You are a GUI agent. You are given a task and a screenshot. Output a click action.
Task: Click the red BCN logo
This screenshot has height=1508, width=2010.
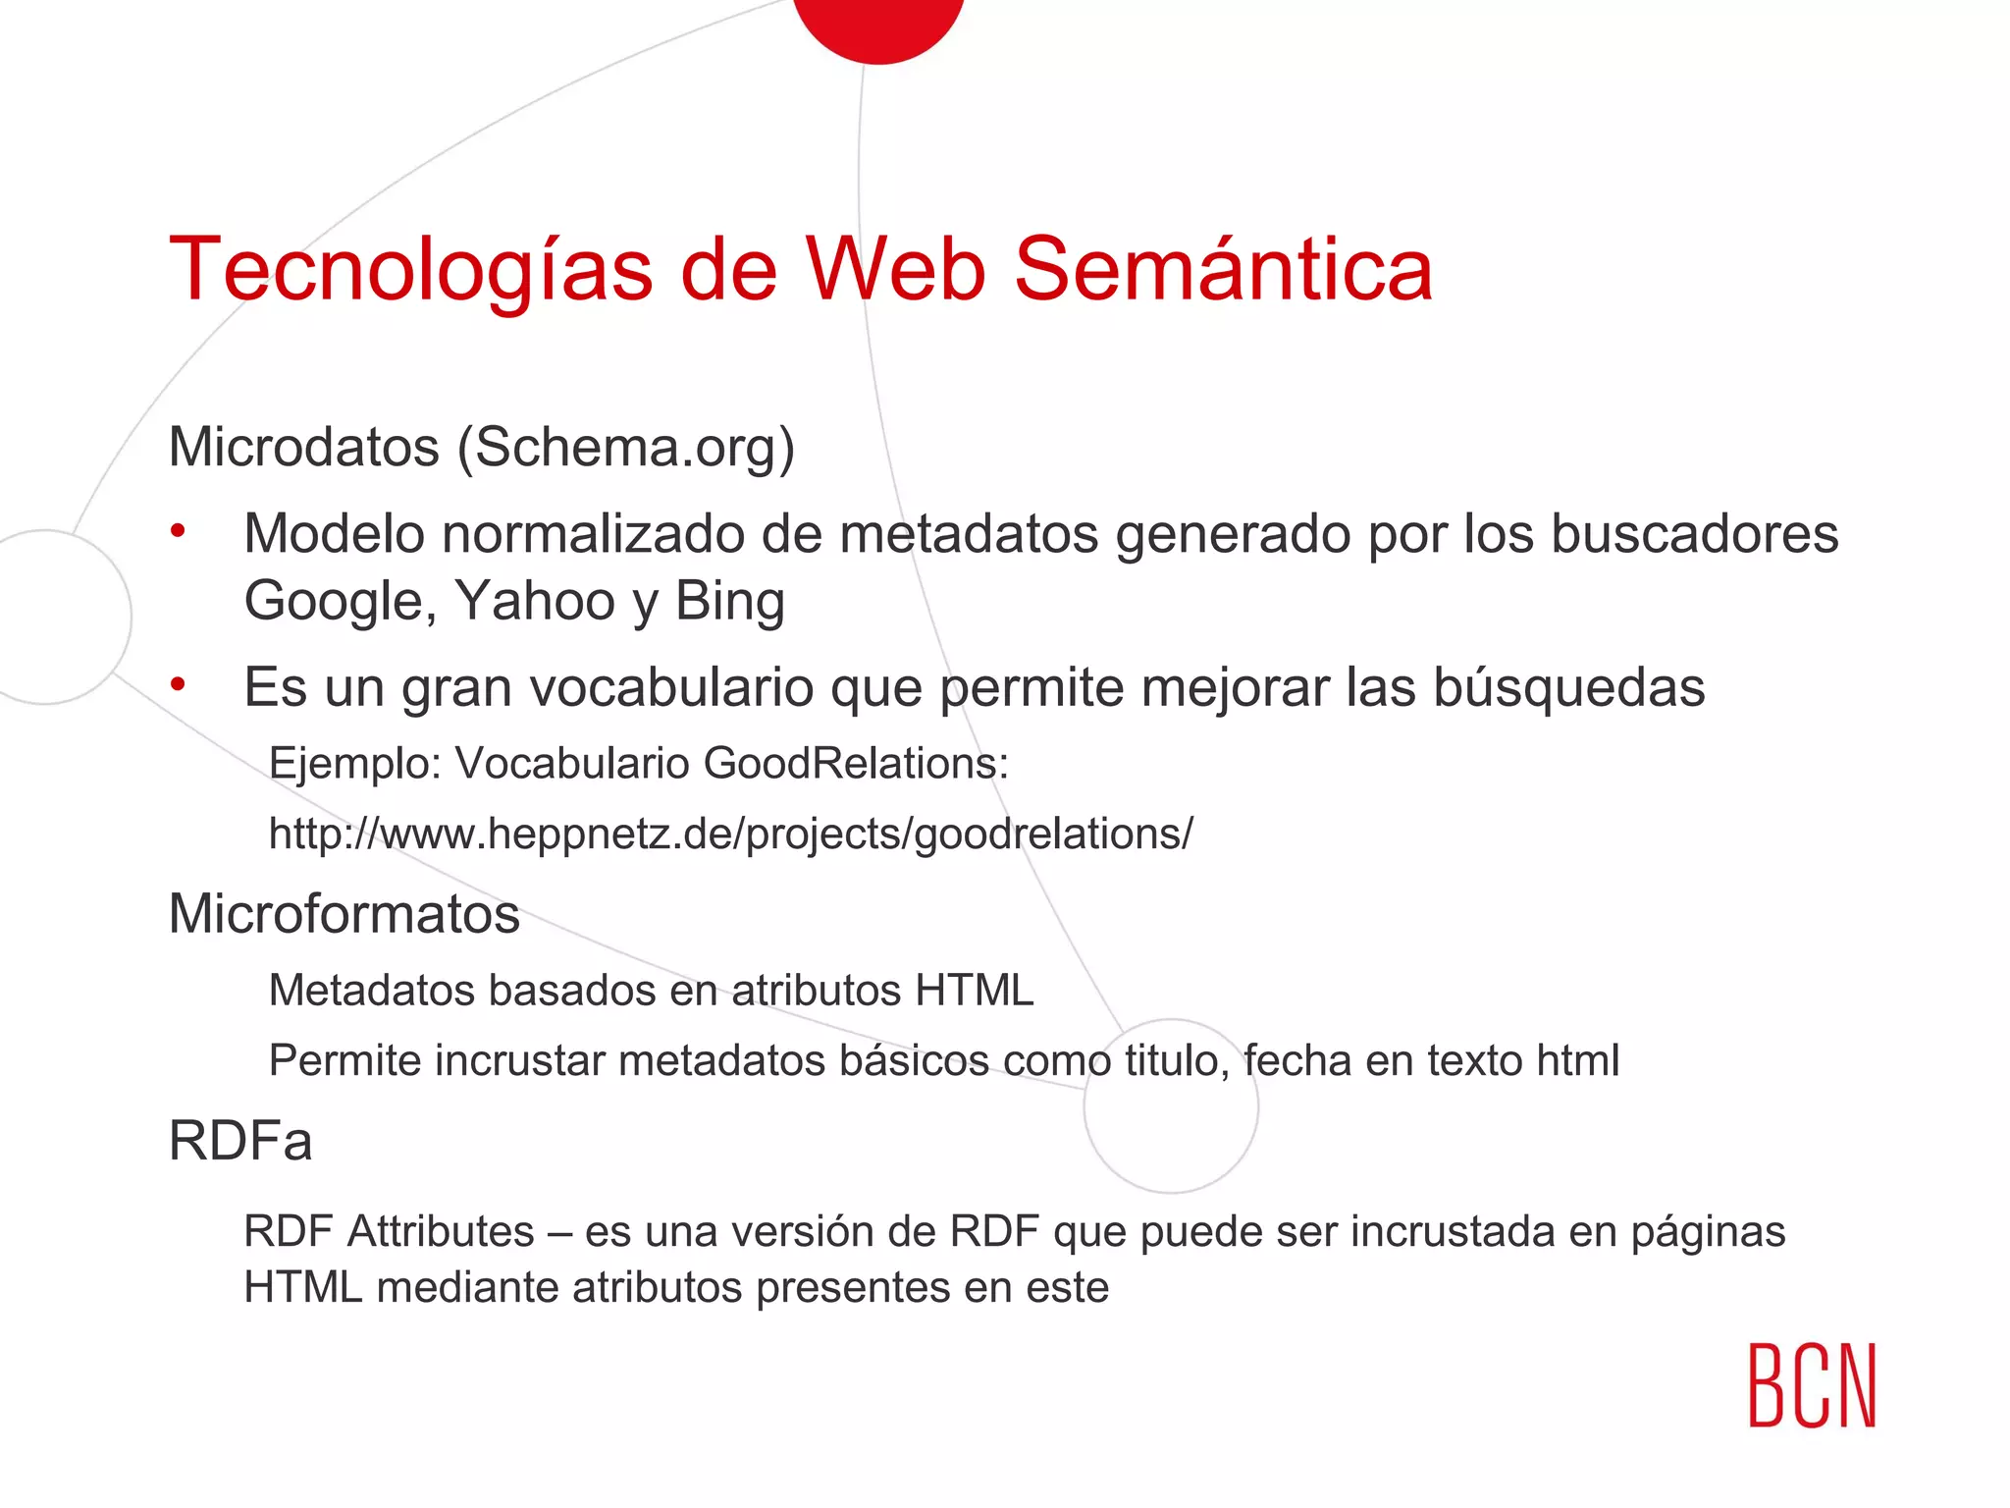tap(1812, 1385)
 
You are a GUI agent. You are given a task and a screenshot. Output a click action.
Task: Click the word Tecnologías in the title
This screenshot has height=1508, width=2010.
tap(410, 270)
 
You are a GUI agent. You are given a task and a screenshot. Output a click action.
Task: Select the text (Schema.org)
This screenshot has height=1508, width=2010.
tap(626, 448)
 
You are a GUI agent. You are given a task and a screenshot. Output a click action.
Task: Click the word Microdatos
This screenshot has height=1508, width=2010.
tap(304, 448)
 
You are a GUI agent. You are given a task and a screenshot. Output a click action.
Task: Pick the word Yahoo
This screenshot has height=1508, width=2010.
tap(535, 601)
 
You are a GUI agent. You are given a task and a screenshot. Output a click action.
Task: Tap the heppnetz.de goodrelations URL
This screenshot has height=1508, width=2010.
tap(731, 834)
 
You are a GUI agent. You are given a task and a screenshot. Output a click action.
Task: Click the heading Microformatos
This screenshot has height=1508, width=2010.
tap(344, 914)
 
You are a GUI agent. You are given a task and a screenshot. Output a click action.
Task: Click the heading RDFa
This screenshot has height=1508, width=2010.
tap(240, 1141)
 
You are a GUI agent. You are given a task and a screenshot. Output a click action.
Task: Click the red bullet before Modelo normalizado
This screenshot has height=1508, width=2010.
tap(178, 532)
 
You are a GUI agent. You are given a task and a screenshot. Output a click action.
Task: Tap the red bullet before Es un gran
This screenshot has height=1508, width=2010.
tap(178, 684)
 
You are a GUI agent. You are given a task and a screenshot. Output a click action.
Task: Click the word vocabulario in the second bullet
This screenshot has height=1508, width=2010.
tap(672, 687)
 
